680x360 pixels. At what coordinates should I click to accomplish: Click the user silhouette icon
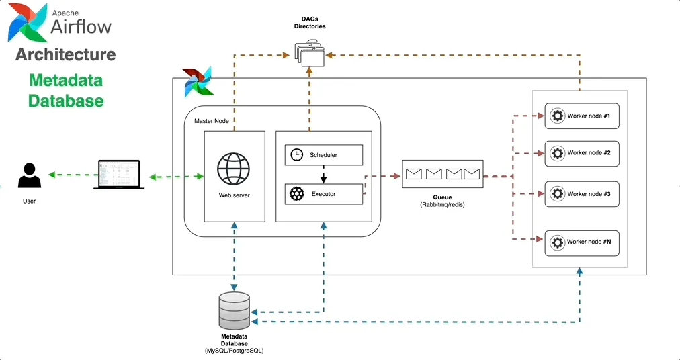tap(29, 176)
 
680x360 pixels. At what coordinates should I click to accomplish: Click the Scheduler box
tap(323, 155)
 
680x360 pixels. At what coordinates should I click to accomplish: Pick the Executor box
tap(323, 194)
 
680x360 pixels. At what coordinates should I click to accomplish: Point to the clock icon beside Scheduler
tap(296, 155)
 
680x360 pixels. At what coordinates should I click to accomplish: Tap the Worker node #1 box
tap(581, 116)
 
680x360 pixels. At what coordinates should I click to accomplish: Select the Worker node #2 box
tap(581, 153)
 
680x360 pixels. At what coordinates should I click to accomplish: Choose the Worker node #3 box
tap(581, 194)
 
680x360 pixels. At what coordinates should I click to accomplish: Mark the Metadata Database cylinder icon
tap(234, 310)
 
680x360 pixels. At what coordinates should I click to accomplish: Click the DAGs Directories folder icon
tap(310, 54)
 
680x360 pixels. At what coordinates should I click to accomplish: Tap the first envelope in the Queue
tap(413, 175)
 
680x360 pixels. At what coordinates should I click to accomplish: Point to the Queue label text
tap(442, 197)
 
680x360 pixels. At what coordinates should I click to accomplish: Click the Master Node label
tap(207, 121)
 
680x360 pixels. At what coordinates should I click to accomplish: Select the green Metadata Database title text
tap(66, 91)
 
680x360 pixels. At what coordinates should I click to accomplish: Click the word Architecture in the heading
tap(66, 54)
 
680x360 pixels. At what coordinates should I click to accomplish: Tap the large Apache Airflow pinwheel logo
tap(27, 22)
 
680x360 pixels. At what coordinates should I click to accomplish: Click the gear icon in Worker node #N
tap(556, 242)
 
